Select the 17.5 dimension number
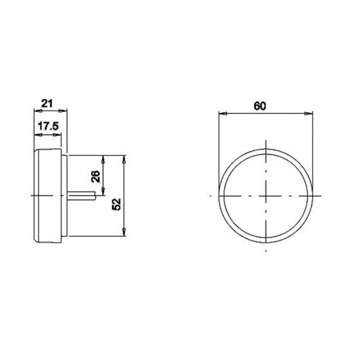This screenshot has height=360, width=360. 48,126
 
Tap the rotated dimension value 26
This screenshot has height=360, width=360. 95,176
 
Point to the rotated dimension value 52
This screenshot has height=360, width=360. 117,205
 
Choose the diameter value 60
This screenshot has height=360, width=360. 260,106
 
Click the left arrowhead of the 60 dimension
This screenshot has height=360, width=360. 221,112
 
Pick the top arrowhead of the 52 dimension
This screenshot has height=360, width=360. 123,158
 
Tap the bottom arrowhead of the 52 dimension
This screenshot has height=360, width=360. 123,233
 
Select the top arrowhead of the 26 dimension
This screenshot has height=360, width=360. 104,158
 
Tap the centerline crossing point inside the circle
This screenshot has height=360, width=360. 266,196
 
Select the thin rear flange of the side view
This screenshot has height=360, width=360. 64,195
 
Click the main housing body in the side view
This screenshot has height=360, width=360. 48,195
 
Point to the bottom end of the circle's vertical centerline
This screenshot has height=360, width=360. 266,250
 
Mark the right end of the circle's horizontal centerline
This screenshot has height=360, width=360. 320,196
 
